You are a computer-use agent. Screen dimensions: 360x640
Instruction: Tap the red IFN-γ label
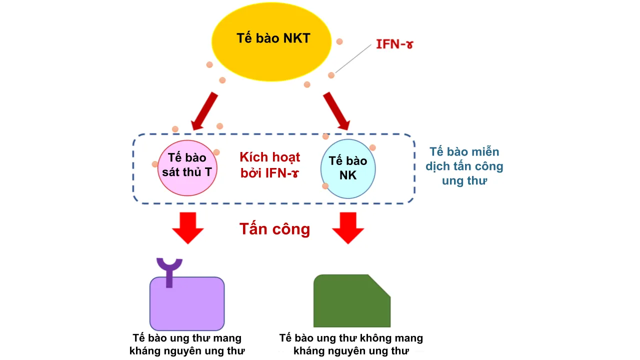click(394, 44)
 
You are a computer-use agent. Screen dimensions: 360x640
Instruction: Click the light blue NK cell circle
click(347, 168)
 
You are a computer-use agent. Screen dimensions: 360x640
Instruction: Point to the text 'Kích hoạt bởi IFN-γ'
click(270, 165)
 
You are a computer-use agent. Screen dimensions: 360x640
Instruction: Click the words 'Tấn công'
click(274, 229)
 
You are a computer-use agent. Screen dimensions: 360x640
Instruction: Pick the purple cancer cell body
click(187, 305)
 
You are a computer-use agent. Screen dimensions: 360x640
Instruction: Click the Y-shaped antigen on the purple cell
click(169, 270)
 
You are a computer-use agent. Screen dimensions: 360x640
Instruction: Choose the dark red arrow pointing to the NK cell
click(337, 110)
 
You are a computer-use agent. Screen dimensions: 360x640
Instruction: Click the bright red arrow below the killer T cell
click(188, 227)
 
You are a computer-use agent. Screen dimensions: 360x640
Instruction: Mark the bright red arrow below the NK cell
click(348, 227)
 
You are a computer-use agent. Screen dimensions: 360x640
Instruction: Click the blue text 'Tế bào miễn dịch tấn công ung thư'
click(464, 166)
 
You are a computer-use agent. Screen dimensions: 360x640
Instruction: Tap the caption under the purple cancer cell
click(187, 344)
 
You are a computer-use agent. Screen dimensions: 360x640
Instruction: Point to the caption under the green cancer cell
click(351, 344)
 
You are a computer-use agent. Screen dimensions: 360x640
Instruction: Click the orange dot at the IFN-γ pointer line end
click(331, 75)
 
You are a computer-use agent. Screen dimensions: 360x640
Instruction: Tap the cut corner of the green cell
click(380, 285)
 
